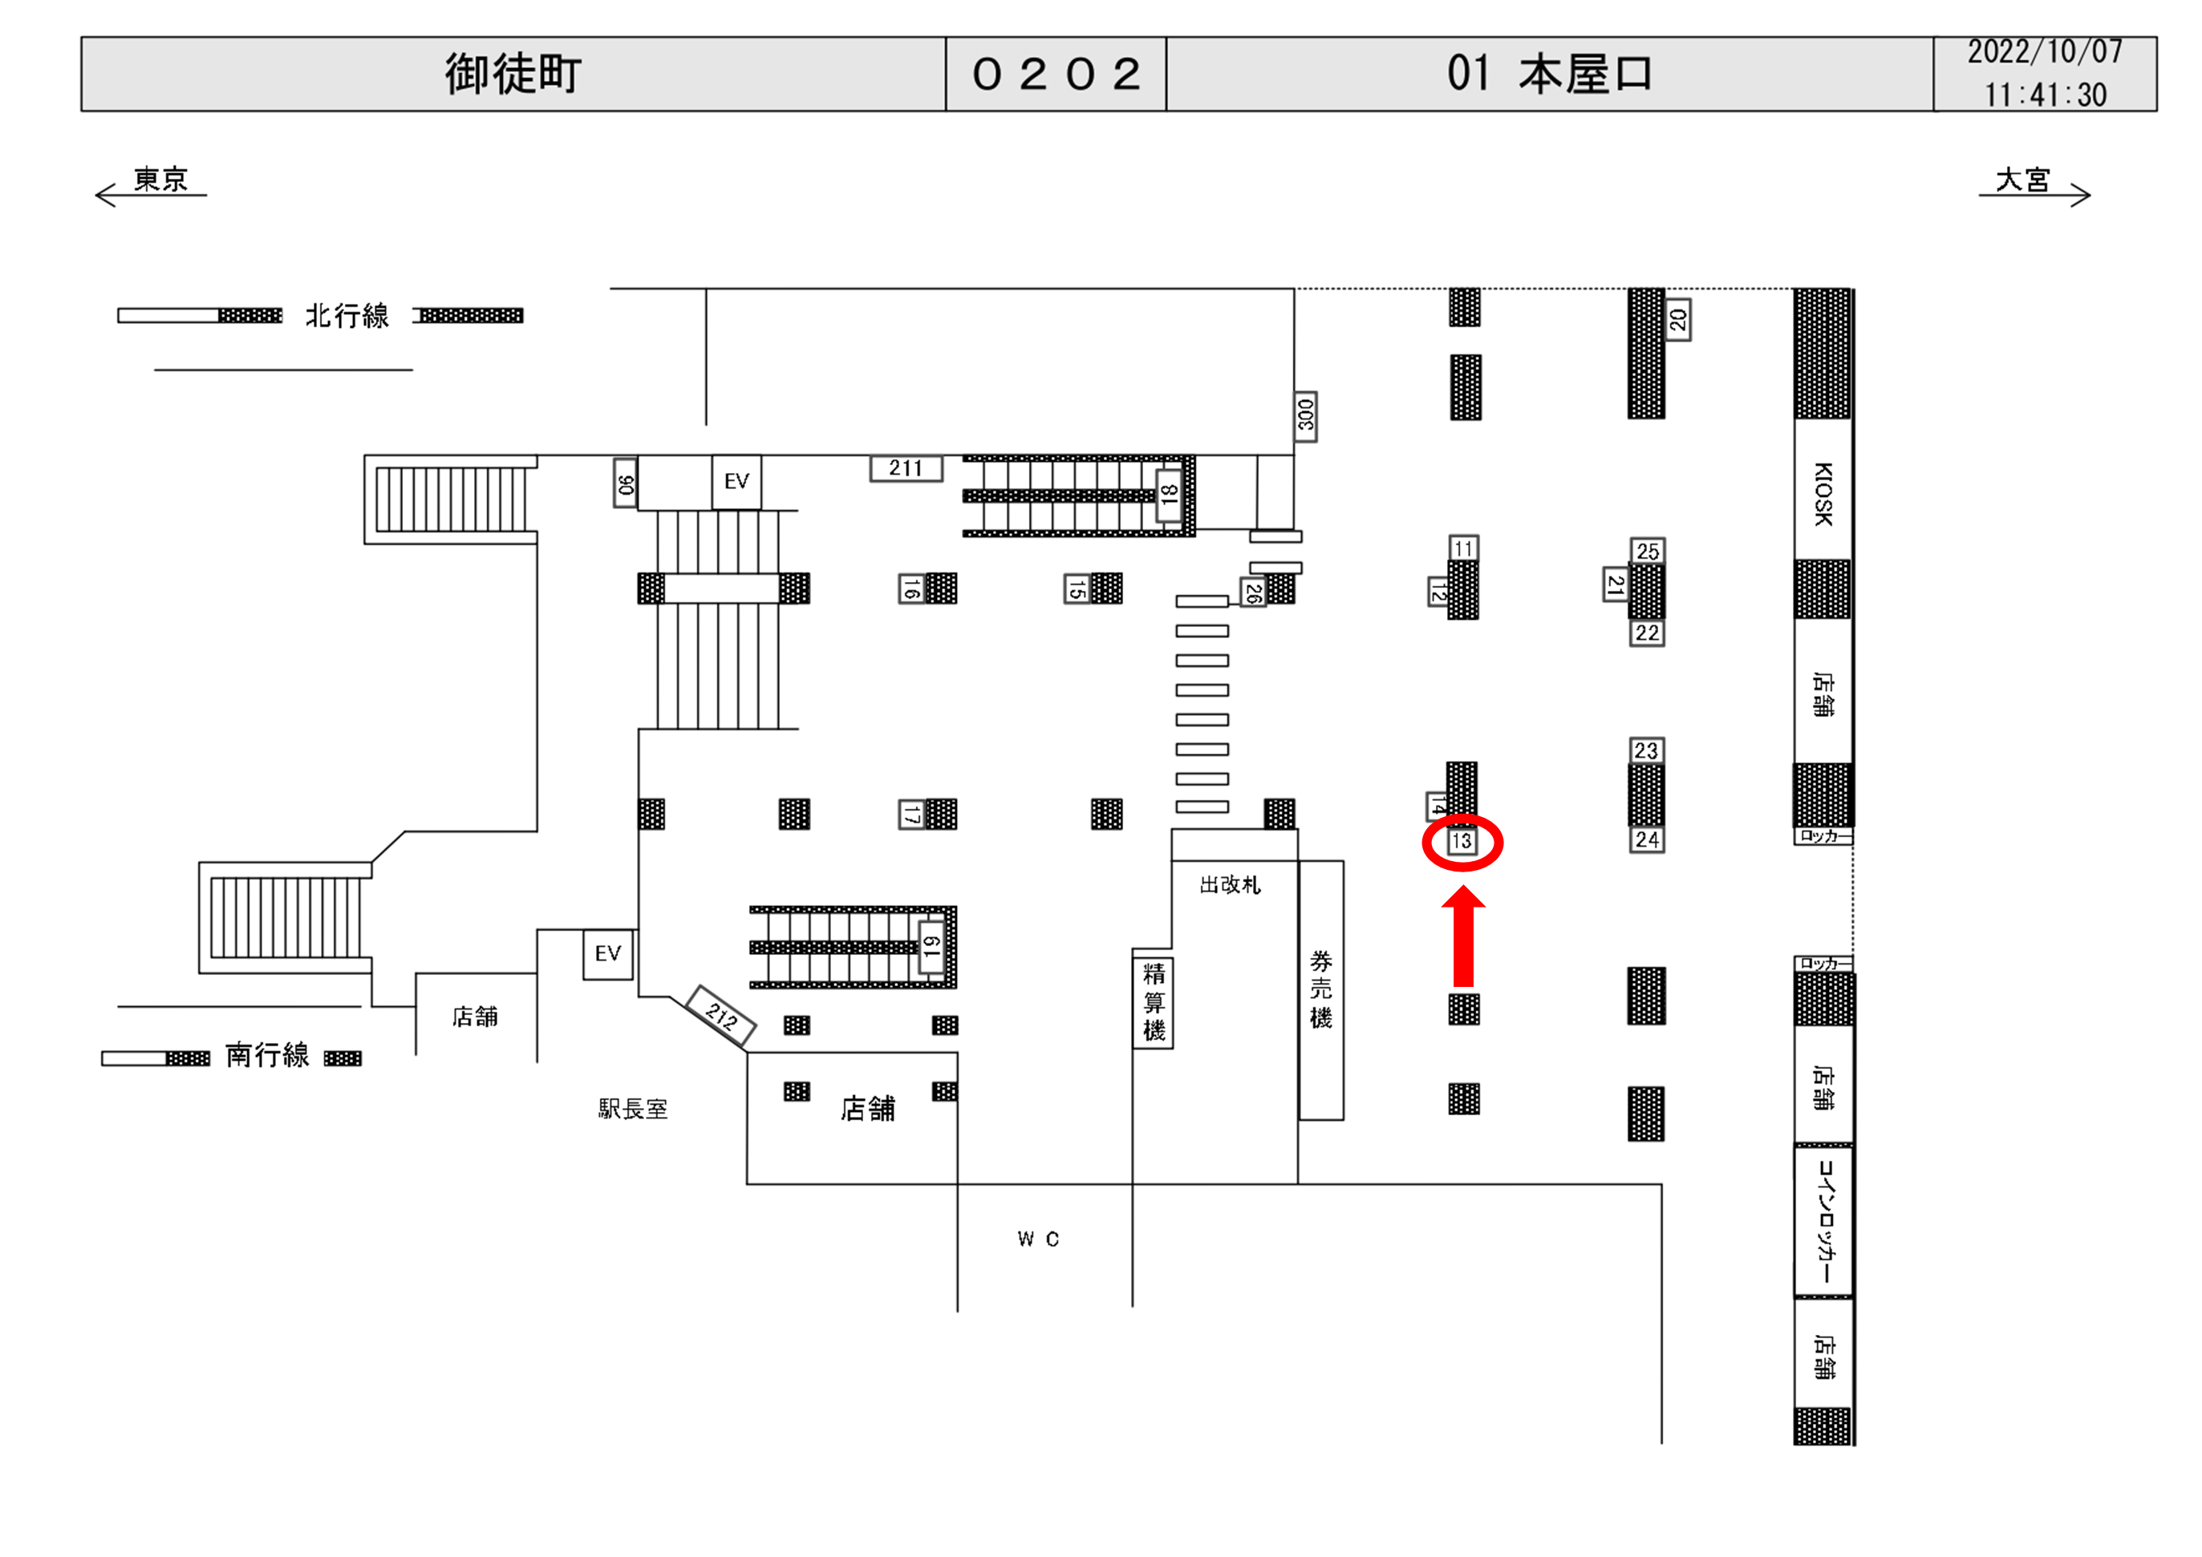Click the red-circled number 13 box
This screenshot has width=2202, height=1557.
tap(1461, 842)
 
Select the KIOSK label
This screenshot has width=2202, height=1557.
tap(1823, 493)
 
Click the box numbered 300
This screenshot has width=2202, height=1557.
tap(1305, 416)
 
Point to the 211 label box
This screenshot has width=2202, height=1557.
tap(906, 468)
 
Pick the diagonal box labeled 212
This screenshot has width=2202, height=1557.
tap(722, 1015)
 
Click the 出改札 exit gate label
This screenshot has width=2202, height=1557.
tap(1231, 884)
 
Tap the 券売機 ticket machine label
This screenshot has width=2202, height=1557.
tap(1320, 989)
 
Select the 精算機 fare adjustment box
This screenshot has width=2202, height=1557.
tap(1153, 1002)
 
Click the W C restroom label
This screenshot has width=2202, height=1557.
tap(1038, 1239)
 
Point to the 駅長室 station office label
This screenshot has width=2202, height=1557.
tap(633, 1110)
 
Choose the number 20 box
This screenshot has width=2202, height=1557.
tap(1677, 320)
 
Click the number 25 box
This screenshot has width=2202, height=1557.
tap(1648, 552)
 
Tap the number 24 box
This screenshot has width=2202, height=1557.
tap(1647, 840)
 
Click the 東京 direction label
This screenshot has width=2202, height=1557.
tap(160, 180)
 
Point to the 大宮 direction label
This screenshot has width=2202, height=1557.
tap(2022, 180)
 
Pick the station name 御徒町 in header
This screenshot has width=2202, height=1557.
tap(513, 74)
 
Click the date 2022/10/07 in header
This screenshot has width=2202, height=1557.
tap(2045, 52)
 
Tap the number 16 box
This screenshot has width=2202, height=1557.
tap(911, 588)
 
